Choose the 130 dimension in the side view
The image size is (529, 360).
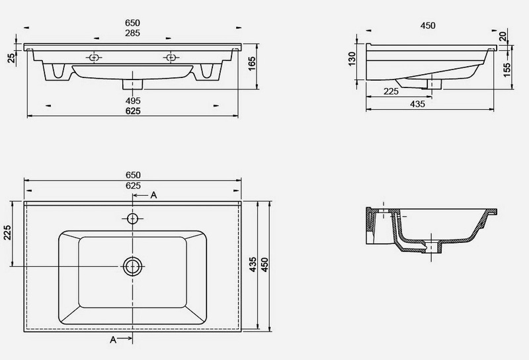tap(352, 59)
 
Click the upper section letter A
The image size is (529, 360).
tap(153, 195)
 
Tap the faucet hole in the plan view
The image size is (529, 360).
tap(133, 218)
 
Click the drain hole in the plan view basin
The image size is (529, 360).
tap(132, 266)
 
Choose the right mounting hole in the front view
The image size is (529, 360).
tap(171, 58)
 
